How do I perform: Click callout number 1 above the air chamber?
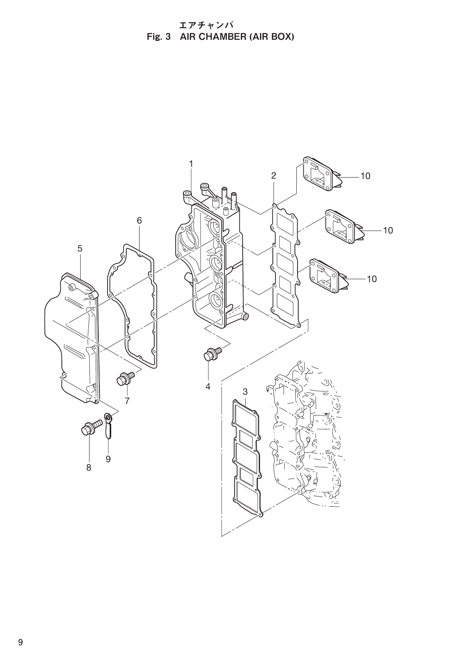point(191,164)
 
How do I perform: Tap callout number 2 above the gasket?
point(274,176)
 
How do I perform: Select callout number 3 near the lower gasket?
point(245,391)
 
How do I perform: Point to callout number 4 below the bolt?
point(208,386)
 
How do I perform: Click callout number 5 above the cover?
point(80,249)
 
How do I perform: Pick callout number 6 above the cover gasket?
point(139,221)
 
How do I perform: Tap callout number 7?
point(127,401)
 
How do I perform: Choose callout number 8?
point(89,467)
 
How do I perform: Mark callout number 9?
point(108,459)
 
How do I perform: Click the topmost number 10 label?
point(365,176)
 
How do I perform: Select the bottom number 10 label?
point(372,279)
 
